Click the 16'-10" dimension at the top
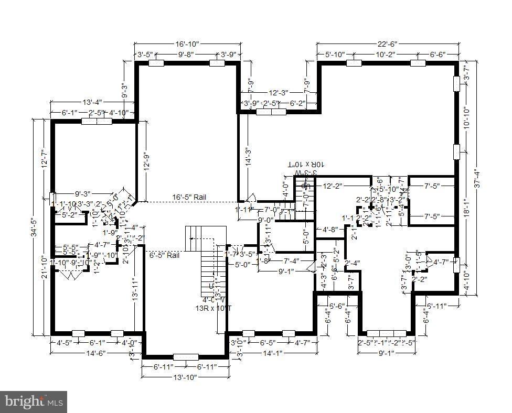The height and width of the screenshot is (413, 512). point(187,44)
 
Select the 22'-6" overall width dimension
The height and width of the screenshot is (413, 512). point(387,44)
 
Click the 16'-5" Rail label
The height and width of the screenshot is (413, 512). point(189,197)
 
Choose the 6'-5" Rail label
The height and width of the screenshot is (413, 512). point(164,255)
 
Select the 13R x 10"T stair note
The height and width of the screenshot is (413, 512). point(213,308)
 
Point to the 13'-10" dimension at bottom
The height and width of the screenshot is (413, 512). point(185,377)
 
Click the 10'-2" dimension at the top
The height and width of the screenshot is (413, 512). point(387,54)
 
